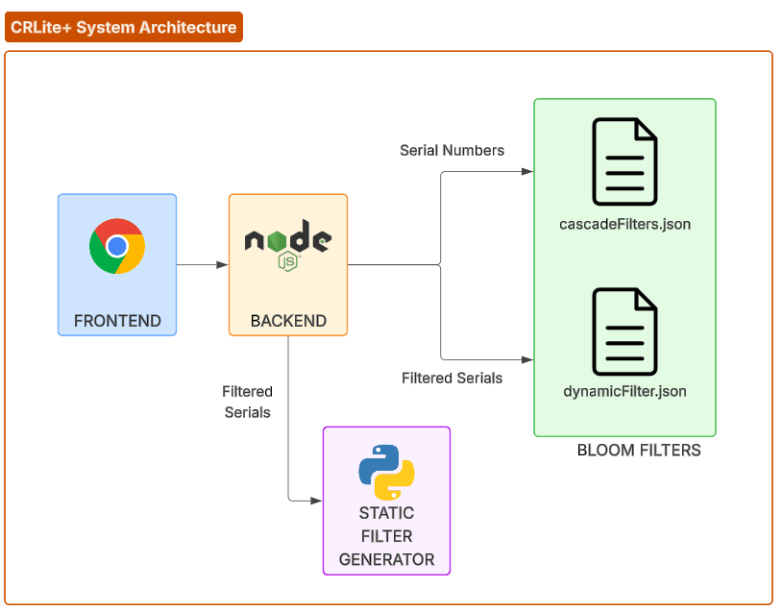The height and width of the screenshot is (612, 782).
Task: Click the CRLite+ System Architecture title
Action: [x=124, y=27]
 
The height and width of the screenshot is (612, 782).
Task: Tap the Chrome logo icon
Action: [x=117, y=246]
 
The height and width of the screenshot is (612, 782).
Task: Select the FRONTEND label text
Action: [x=117, y=321]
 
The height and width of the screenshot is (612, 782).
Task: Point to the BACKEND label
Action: [x=288, y=321]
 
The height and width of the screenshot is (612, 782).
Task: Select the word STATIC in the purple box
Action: [x=386, y=513]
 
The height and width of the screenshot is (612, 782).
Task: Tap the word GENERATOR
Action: [x=386, y=559]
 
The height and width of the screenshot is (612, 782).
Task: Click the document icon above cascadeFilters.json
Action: [x=624, y=161]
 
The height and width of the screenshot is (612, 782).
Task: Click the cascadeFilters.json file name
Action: [x=624, y=225]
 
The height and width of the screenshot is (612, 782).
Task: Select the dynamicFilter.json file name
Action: [x=624, y=392]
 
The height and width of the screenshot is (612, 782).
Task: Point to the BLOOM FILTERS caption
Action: [x=639, y=450]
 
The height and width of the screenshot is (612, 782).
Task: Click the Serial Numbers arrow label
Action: [x=452, y=150]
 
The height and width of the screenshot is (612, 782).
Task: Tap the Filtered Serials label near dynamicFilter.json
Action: [x=452, y=378]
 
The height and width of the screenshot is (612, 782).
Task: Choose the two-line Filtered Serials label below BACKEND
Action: [x=248, y=402]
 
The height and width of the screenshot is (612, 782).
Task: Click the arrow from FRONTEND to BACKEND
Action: [x=202, y=264]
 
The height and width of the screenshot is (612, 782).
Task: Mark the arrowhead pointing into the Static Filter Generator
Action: [x=316, y=500]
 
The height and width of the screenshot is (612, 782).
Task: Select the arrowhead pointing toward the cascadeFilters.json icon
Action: [x=526, y=171]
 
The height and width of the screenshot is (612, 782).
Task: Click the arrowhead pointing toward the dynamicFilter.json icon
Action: [x=526, y=359]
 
